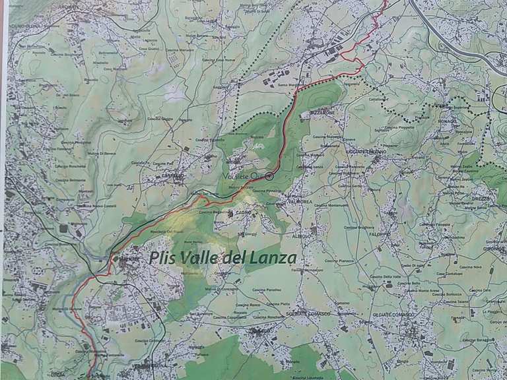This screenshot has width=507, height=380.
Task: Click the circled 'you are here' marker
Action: tap(269, 176)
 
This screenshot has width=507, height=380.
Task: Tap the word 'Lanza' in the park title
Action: tap(270, 258)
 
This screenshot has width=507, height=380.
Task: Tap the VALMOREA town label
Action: tap(299, 201)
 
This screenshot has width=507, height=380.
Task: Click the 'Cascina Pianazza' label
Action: tap(338, 261)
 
